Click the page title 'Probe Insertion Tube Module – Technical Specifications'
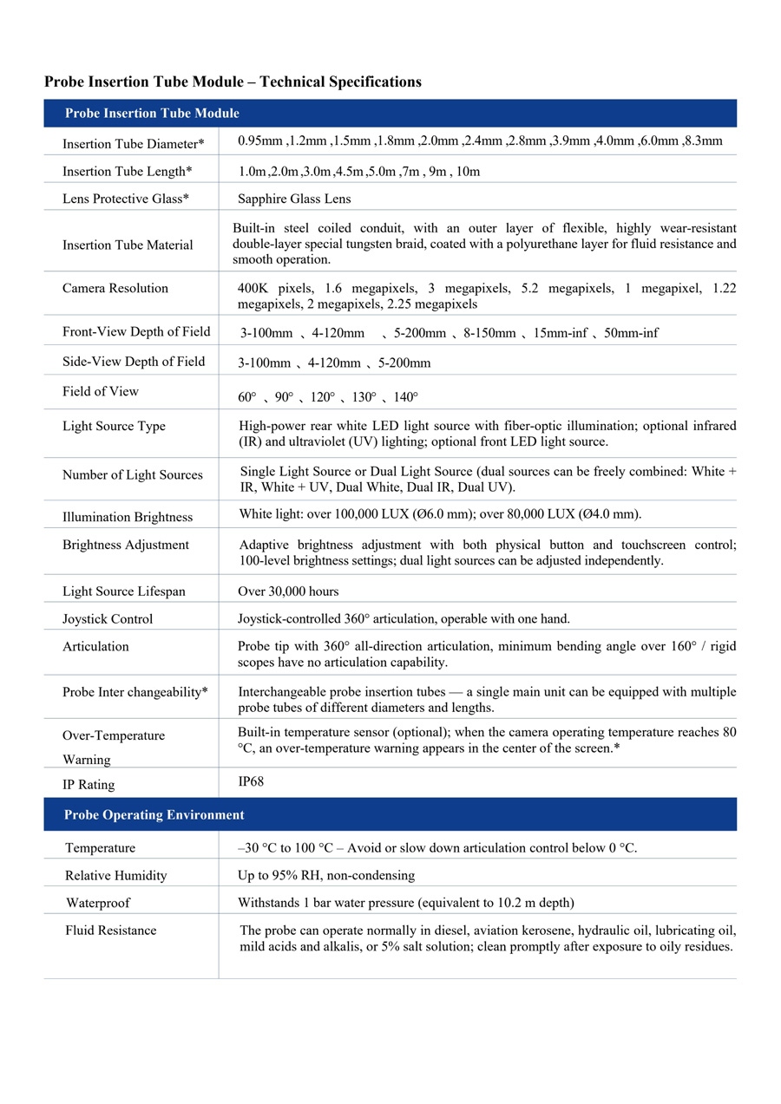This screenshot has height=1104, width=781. tap(233, 82)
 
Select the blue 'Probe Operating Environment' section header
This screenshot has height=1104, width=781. tap(154, 815)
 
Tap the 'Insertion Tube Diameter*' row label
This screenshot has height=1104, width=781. tap(134, 144)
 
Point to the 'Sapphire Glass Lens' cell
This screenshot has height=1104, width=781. tap(294, 199)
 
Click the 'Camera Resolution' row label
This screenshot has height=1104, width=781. tap(115, 288)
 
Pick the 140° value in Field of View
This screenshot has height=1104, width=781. tap(405, 397)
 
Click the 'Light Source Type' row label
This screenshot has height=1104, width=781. tap(114, 426)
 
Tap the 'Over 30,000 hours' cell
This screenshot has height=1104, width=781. tap(288, 591)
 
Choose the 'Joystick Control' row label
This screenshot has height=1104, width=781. tap(108, 619)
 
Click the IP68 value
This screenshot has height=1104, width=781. tap(251, 781)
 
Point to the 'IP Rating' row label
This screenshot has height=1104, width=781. tap(89, 785)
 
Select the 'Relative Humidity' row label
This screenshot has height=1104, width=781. tap(116, 875)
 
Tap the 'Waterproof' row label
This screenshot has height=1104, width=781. tap(98, 903)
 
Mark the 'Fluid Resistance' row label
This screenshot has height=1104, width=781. tap(111, 931)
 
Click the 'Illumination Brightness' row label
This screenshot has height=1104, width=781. tap(128, 517)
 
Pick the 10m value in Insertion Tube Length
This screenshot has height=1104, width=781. tap(468, 172)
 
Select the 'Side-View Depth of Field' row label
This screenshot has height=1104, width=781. tap(134, 362)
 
